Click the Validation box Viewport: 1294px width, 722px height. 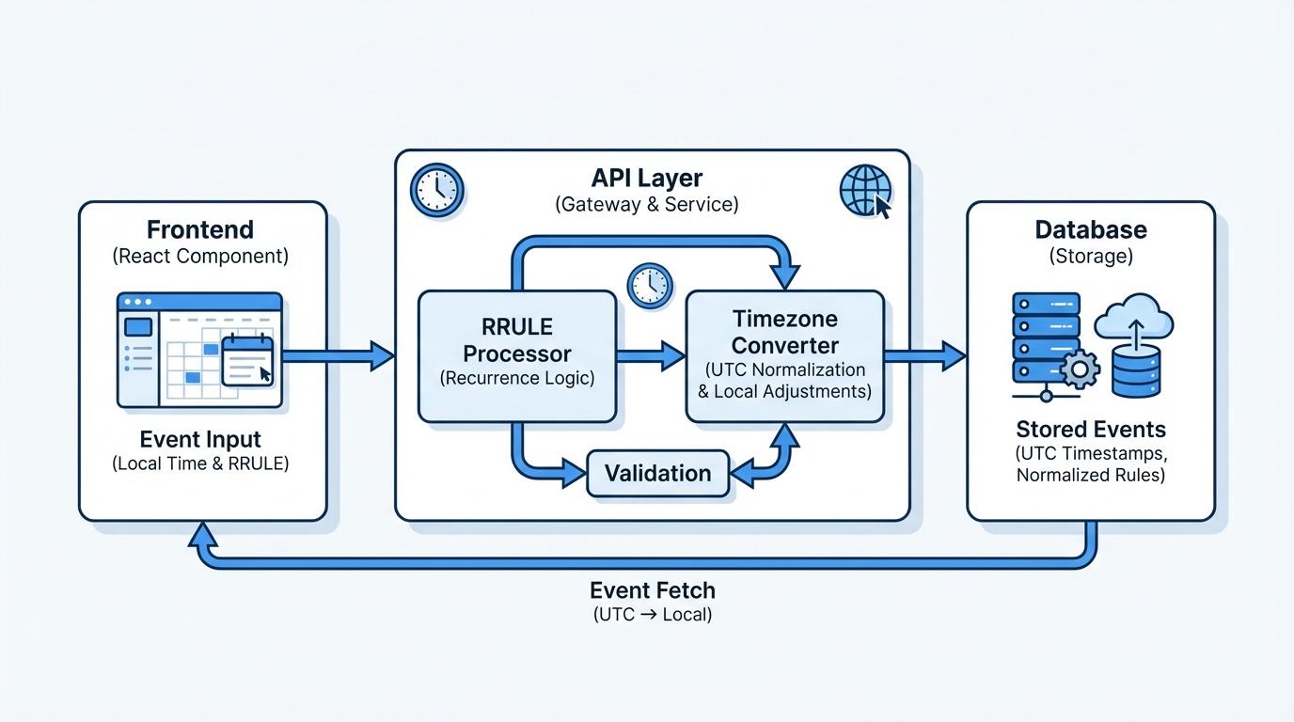(x=657, y=473)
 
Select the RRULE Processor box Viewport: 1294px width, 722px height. (x=516, y=355)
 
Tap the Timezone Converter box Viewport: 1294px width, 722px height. (x=785, y=355)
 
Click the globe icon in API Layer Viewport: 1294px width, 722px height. (x=864, y=190)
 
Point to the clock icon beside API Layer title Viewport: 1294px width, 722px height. (x=437, y=190)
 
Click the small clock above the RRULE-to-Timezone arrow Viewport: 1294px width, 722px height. (x=650, y=284)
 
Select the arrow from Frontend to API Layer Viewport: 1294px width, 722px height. (x=339, y=355)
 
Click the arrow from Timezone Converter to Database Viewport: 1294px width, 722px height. (x=925, y=355)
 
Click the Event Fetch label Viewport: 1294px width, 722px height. (x=653, y=590)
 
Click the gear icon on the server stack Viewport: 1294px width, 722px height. (x=1079, y=369)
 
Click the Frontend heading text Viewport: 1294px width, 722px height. (x=200, y=229)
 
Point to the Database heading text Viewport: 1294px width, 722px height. (x=1091, y=229)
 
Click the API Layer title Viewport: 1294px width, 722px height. (x=647, y=178)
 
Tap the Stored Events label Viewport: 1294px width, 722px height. (x=1091, y=430)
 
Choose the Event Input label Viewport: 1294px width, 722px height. (x=200, y=439)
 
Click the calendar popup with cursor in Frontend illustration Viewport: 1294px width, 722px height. (x=247, y=361)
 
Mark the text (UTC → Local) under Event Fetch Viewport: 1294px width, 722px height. (x=653, y=615)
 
